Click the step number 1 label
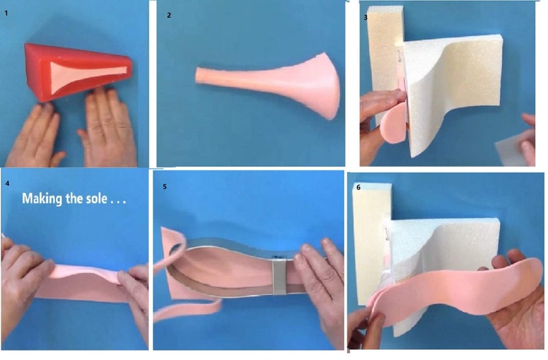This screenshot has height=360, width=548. click(x=6, y=13)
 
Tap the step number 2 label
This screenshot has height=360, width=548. click(x=169, y=15)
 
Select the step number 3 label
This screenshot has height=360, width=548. click(x=366, y=17)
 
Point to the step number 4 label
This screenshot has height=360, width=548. click(x=8, y=183)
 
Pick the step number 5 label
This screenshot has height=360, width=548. click(x=164, y=186)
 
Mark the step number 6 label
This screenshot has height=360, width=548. click(x=358, y=187)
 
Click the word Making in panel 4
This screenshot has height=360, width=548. click(x=42, y=198)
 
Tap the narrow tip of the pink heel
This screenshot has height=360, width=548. click(x=197, y=75)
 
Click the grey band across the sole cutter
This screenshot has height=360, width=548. click(x=279, y=276)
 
